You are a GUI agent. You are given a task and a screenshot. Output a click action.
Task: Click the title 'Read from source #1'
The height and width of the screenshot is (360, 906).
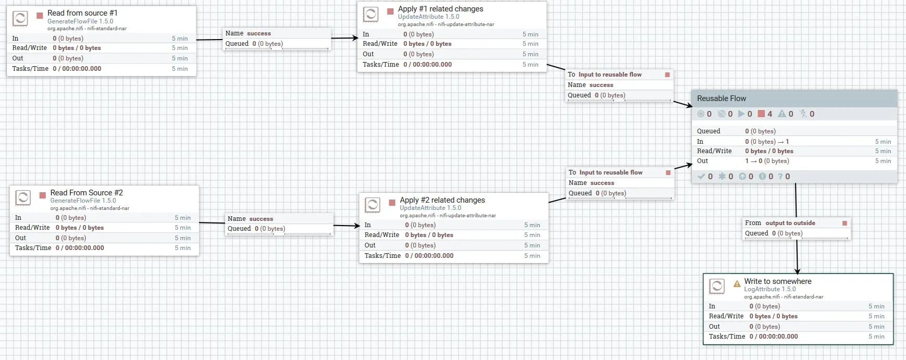point(82,13)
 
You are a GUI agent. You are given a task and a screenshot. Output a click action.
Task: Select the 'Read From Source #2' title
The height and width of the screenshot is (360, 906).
point(86,193)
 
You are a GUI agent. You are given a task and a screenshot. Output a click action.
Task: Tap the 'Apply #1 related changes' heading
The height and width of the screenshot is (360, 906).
point(440,9)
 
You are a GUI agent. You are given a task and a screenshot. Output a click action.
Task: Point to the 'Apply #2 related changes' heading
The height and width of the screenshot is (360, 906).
point(442,200)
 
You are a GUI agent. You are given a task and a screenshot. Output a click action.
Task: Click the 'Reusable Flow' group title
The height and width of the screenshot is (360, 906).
point(721,98)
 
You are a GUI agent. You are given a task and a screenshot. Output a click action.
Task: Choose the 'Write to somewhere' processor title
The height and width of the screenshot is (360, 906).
point(777,281)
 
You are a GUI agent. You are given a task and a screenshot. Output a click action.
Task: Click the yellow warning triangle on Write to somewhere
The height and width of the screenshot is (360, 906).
point(737,284)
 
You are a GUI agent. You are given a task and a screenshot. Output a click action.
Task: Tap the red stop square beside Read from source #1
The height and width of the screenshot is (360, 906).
point(40,16)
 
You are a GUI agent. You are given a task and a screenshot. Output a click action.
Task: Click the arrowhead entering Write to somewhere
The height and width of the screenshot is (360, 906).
point(797,270)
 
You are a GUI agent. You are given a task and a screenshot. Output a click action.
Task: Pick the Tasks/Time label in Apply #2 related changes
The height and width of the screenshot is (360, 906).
point(383,256)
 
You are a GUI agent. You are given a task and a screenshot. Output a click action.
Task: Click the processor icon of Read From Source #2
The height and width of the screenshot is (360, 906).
point(23,198)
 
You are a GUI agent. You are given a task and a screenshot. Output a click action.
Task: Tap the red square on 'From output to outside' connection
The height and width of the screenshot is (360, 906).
point(845,223)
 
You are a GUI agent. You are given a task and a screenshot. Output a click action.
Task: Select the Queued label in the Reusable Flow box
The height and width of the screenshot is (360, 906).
point(709,131)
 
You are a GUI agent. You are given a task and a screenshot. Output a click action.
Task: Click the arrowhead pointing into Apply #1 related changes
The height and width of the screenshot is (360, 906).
point(355,38)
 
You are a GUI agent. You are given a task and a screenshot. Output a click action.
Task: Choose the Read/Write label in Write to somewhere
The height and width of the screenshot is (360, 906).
point(726,316)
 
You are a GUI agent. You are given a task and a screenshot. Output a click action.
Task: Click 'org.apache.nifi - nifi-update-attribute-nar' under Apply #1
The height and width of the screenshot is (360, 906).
point(446,24)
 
